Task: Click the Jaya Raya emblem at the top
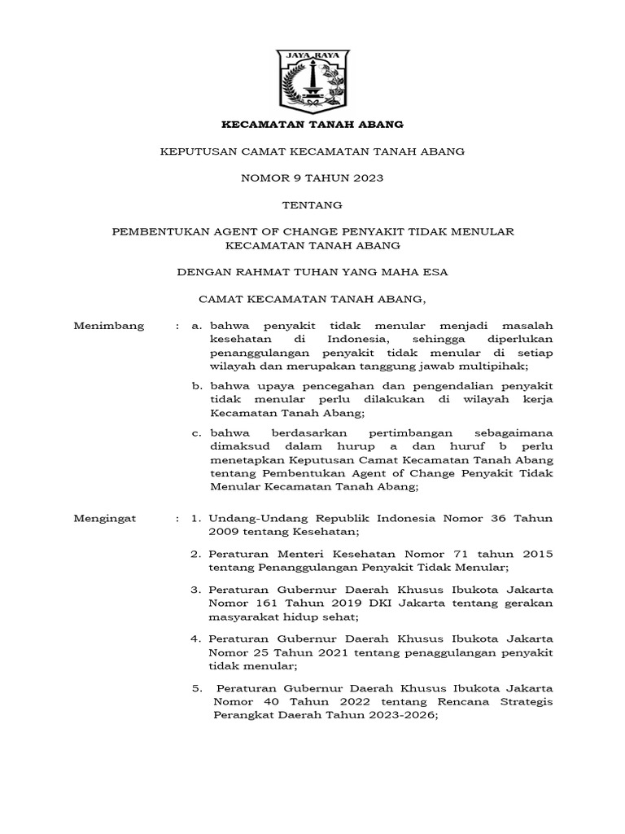point(313,82)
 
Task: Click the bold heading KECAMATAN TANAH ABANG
point(313,125)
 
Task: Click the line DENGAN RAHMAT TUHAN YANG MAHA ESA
point(313,272)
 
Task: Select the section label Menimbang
point(109,326)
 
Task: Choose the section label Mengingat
point(106,518)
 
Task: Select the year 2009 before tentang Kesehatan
point(225,532)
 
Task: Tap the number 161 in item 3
point(265,603)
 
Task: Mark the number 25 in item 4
point(262,652)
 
